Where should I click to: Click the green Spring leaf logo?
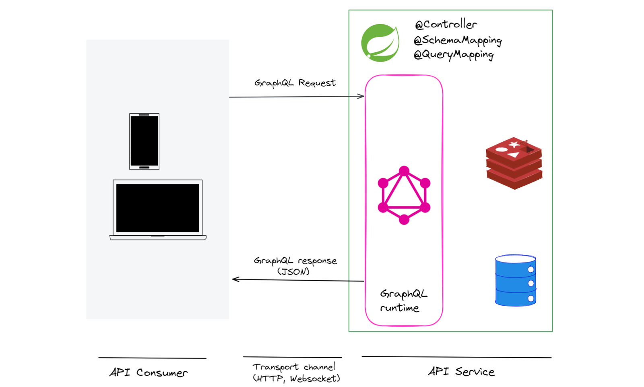coord(380,43)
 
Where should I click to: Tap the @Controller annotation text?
coord(446,25)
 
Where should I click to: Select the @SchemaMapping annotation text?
coord(458,41)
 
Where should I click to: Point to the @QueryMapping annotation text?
coord(454,55)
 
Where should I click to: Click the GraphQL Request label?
coord(295,83)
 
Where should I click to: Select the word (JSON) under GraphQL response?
coord(293,271)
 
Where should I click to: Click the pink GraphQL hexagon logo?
coord(404,195)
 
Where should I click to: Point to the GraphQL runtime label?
coord(404,301)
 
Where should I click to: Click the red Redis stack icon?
coord(514,163)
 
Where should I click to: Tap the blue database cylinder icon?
coord(516,280)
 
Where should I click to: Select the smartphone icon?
coord(144,141)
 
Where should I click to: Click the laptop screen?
coord(157,208)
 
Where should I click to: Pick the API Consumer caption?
coord(149,373)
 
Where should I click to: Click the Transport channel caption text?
coord(294,367)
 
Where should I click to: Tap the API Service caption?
coord(461,371)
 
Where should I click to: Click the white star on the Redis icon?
coord(514,144)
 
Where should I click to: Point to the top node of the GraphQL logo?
coord(404,171)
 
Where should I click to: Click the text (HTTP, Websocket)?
coord(296,379)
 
